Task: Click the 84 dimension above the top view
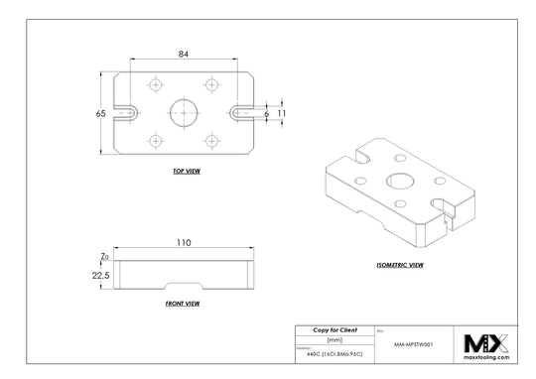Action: (184, 55)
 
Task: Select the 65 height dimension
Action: (101, 114)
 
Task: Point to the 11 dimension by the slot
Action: (282, 114)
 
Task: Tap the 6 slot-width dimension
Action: (266, 114)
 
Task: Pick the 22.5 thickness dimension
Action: (99, 277)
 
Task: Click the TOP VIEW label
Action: (186, 172)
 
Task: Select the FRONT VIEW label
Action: (183, 303)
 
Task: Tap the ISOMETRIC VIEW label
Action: (402, 265)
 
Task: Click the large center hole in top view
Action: (184, 112)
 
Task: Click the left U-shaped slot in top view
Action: (126, 113)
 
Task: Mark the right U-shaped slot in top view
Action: (241, 113)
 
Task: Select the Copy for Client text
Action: (335, 329)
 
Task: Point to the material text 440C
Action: (329, 352)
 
